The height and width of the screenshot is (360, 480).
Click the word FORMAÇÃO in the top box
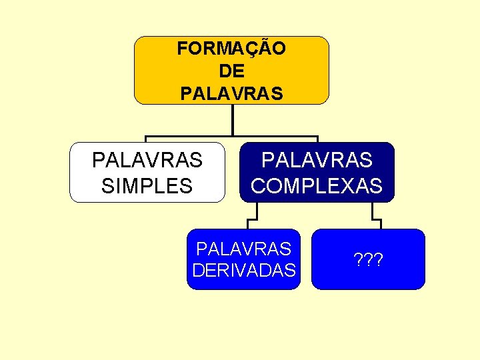[x=231, y=49]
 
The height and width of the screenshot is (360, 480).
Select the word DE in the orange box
[x=231, y=71]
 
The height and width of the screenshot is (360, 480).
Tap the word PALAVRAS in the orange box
[x=231, y=93]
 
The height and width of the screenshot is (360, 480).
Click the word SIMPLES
[x=147, y=185]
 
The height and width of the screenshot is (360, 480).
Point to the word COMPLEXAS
[x=317, y=185]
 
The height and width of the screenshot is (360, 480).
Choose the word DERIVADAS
[x=243, y=270]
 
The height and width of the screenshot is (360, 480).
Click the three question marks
[x=368, y=259]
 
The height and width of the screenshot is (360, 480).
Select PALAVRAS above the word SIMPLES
[x=147, y=161]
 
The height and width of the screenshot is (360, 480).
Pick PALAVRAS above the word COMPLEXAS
[x=317, y=161]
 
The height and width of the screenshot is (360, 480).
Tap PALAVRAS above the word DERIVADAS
[x=243, y=249]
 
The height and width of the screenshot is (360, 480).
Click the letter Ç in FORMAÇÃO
[x=252, y=49]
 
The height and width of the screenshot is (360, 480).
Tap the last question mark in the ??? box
[x=378, y=259]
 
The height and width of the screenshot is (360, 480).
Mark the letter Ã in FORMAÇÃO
[x=265, y=49]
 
